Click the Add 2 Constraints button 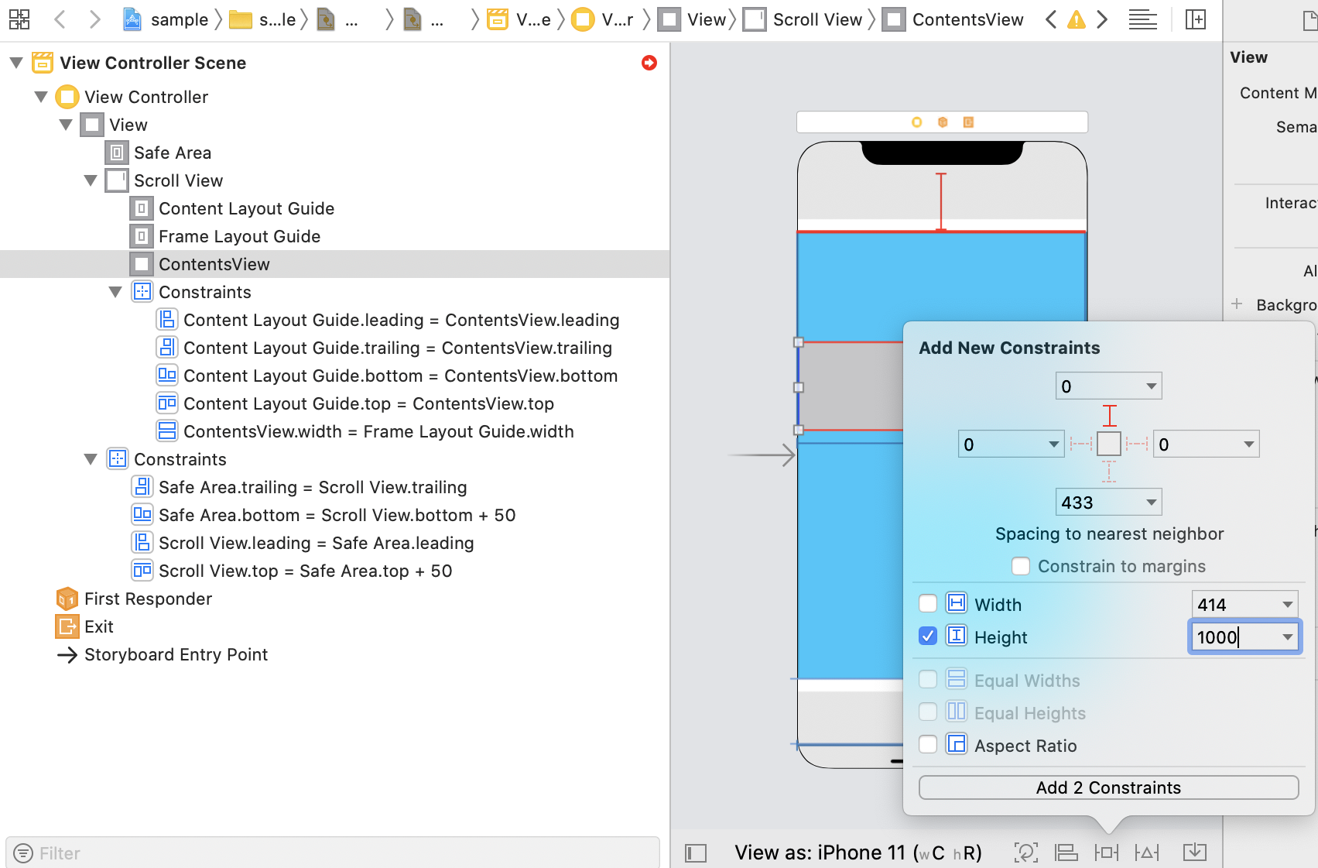(x=1108, y=787)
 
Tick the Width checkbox (x=928, y=604)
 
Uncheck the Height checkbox (x=928, y=636)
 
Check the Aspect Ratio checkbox (x=928, y=744)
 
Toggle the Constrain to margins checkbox (x=1021, y=566)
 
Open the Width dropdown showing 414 (x=1287, y=605)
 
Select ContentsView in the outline (x=214, y=264)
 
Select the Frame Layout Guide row (x=239, y=237)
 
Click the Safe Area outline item (x=173, y=153)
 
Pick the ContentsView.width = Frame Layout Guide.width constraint (x=378, y=431)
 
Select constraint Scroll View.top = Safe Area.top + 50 (x=306, y=571)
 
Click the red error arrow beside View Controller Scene (x=649, y=63)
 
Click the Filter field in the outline (x=333, y=853)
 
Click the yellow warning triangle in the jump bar (x=1077, y=20)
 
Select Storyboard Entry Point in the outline (x=176, y=655)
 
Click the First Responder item (x=149, y=599)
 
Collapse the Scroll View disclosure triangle (x=91, y=180)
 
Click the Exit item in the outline (x=99, y=626)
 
